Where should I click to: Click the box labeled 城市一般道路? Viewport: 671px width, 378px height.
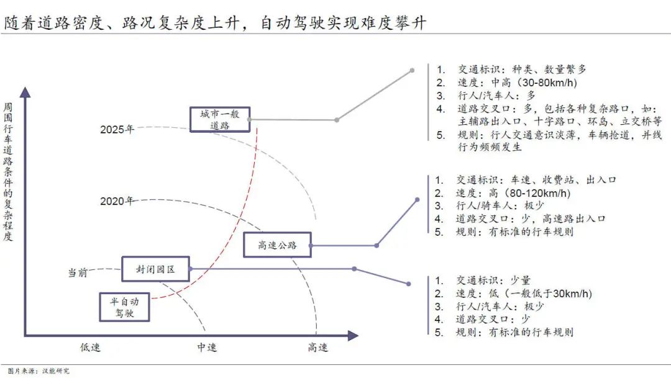coord(220,119)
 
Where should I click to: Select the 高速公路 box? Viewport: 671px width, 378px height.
coord(277,245)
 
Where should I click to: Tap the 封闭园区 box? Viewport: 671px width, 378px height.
coord(156,269)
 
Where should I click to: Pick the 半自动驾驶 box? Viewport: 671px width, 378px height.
coord(124,307)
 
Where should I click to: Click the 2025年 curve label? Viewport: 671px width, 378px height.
coord(117,129)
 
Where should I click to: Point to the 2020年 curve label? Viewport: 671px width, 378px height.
coord(117,201)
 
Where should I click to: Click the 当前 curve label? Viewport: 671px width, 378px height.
coord(78,272)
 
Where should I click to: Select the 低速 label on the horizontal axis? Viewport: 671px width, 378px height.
coord(90,347)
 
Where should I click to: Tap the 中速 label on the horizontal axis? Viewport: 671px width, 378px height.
coord(207,347)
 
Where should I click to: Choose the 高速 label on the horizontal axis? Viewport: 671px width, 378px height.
coord(318,347)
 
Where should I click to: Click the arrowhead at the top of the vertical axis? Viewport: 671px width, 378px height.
coord(25,92)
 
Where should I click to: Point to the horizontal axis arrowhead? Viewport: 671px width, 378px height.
coord(353,336)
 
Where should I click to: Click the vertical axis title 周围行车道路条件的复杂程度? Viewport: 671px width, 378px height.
coord(7,171)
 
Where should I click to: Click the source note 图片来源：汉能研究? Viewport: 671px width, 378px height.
coord(39,371)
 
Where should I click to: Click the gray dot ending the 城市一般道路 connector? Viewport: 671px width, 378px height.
coord(412,70)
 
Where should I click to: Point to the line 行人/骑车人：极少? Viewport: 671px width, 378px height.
coord(500,205)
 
